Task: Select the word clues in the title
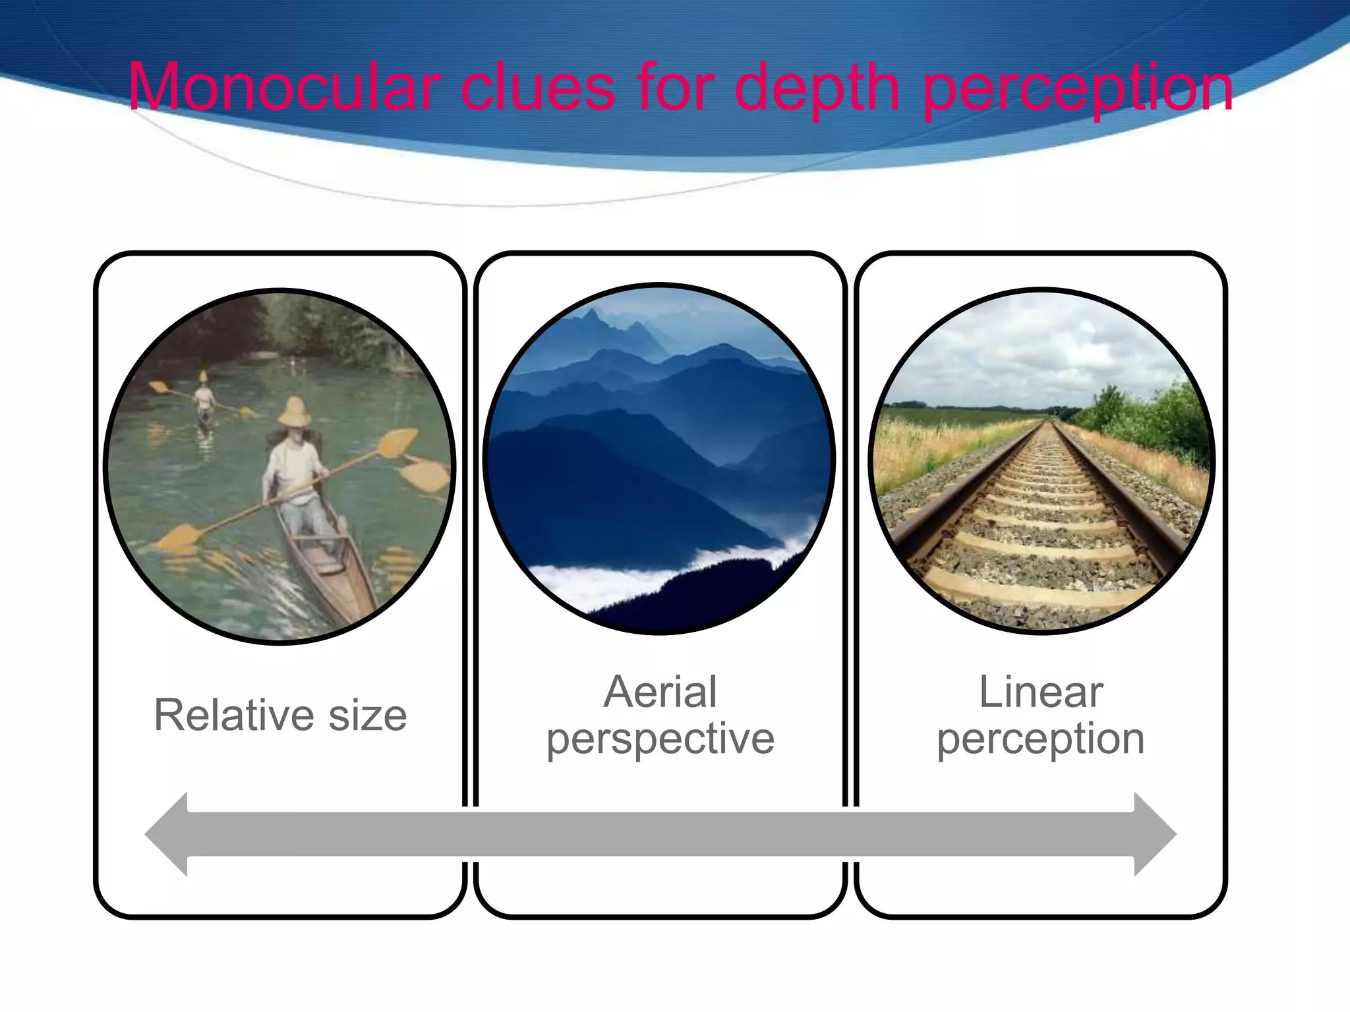coord(537,87)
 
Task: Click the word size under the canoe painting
coord(368,716)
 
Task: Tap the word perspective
coord(660,739)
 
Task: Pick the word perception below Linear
coord(1041,739)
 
